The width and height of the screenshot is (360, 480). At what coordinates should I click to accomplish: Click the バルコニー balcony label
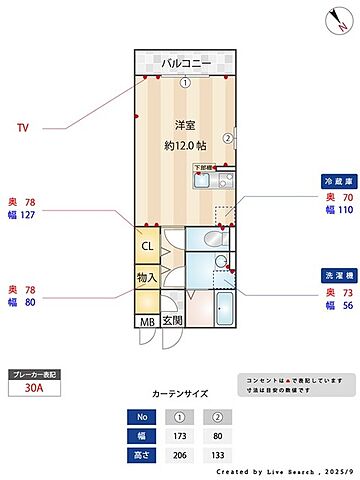pos(184,62)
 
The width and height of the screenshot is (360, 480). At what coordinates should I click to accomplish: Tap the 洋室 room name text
pos(184,125)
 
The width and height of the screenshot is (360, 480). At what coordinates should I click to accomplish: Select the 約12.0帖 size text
pos(184,144)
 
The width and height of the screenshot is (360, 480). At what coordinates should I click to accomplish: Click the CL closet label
pos(147,246)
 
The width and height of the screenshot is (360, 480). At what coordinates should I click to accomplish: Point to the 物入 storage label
pos(147,276)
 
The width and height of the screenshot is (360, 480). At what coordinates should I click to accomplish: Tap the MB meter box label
pos(147,321)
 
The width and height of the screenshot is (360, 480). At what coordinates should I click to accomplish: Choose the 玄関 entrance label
pos(171,321)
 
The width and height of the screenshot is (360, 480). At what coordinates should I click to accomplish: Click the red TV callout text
pos(22,128)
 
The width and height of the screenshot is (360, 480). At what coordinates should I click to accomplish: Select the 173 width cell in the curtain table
pos(180,435)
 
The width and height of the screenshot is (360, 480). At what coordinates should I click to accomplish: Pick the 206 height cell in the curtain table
pos(180,455)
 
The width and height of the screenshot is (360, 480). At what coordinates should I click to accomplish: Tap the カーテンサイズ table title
pos(180,395)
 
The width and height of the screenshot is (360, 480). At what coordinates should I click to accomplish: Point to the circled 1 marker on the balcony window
pos(185,82)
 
